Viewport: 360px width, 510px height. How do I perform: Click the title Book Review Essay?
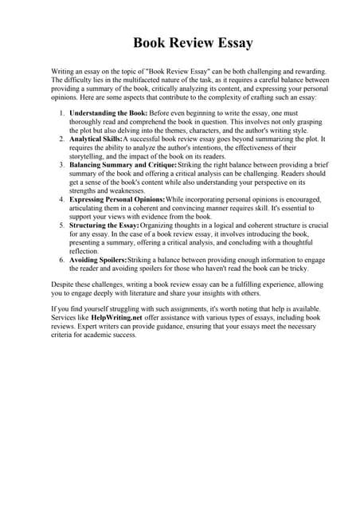180,42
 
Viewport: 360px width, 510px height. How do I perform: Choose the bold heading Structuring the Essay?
110,226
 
